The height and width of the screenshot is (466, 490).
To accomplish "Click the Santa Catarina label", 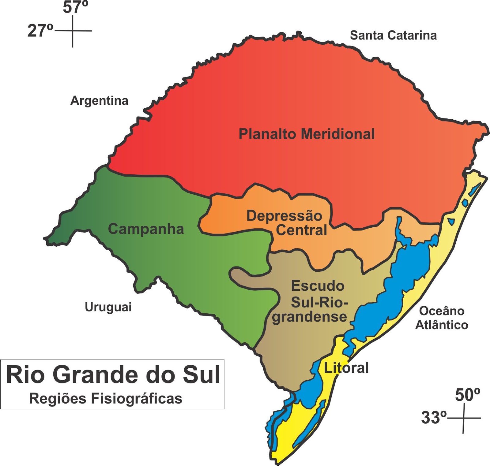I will click(393, 35).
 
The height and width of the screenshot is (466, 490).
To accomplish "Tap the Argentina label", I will click(99, 101).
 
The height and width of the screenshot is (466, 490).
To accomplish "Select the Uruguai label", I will click(108, 307).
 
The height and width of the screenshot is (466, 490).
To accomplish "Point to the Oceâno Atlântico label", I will click(442, 318).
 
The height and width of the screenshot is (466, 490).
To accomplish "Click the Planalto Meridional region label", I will click(307, 134).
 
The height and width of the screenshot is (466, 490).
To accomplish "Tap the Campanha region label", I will click(146, 229).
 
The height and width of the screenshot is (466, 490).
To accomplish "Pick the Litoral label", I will click(346, 368).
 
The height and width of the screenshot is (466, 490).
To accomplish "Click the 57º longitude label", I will click(75, 7).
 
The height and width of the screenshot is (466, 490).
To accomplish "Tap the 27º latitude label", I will click(40, 31).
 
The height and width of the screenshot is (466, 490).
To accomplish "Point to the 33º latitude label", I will click(434, 417).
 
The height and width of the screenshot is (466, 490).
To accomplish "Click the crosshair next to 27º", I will click(73, 31).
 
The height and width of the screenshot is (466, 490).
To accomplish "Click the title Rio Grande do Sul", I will click(113, 375).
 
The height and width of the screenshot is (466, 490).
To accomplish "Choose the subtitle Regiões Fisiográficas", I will click(106, 399).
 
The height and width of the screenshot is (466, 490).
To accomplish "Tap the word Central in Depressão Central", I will click(302, 230).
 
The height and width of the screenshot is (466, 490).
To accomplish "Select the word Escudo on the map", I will click(318, 286).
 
